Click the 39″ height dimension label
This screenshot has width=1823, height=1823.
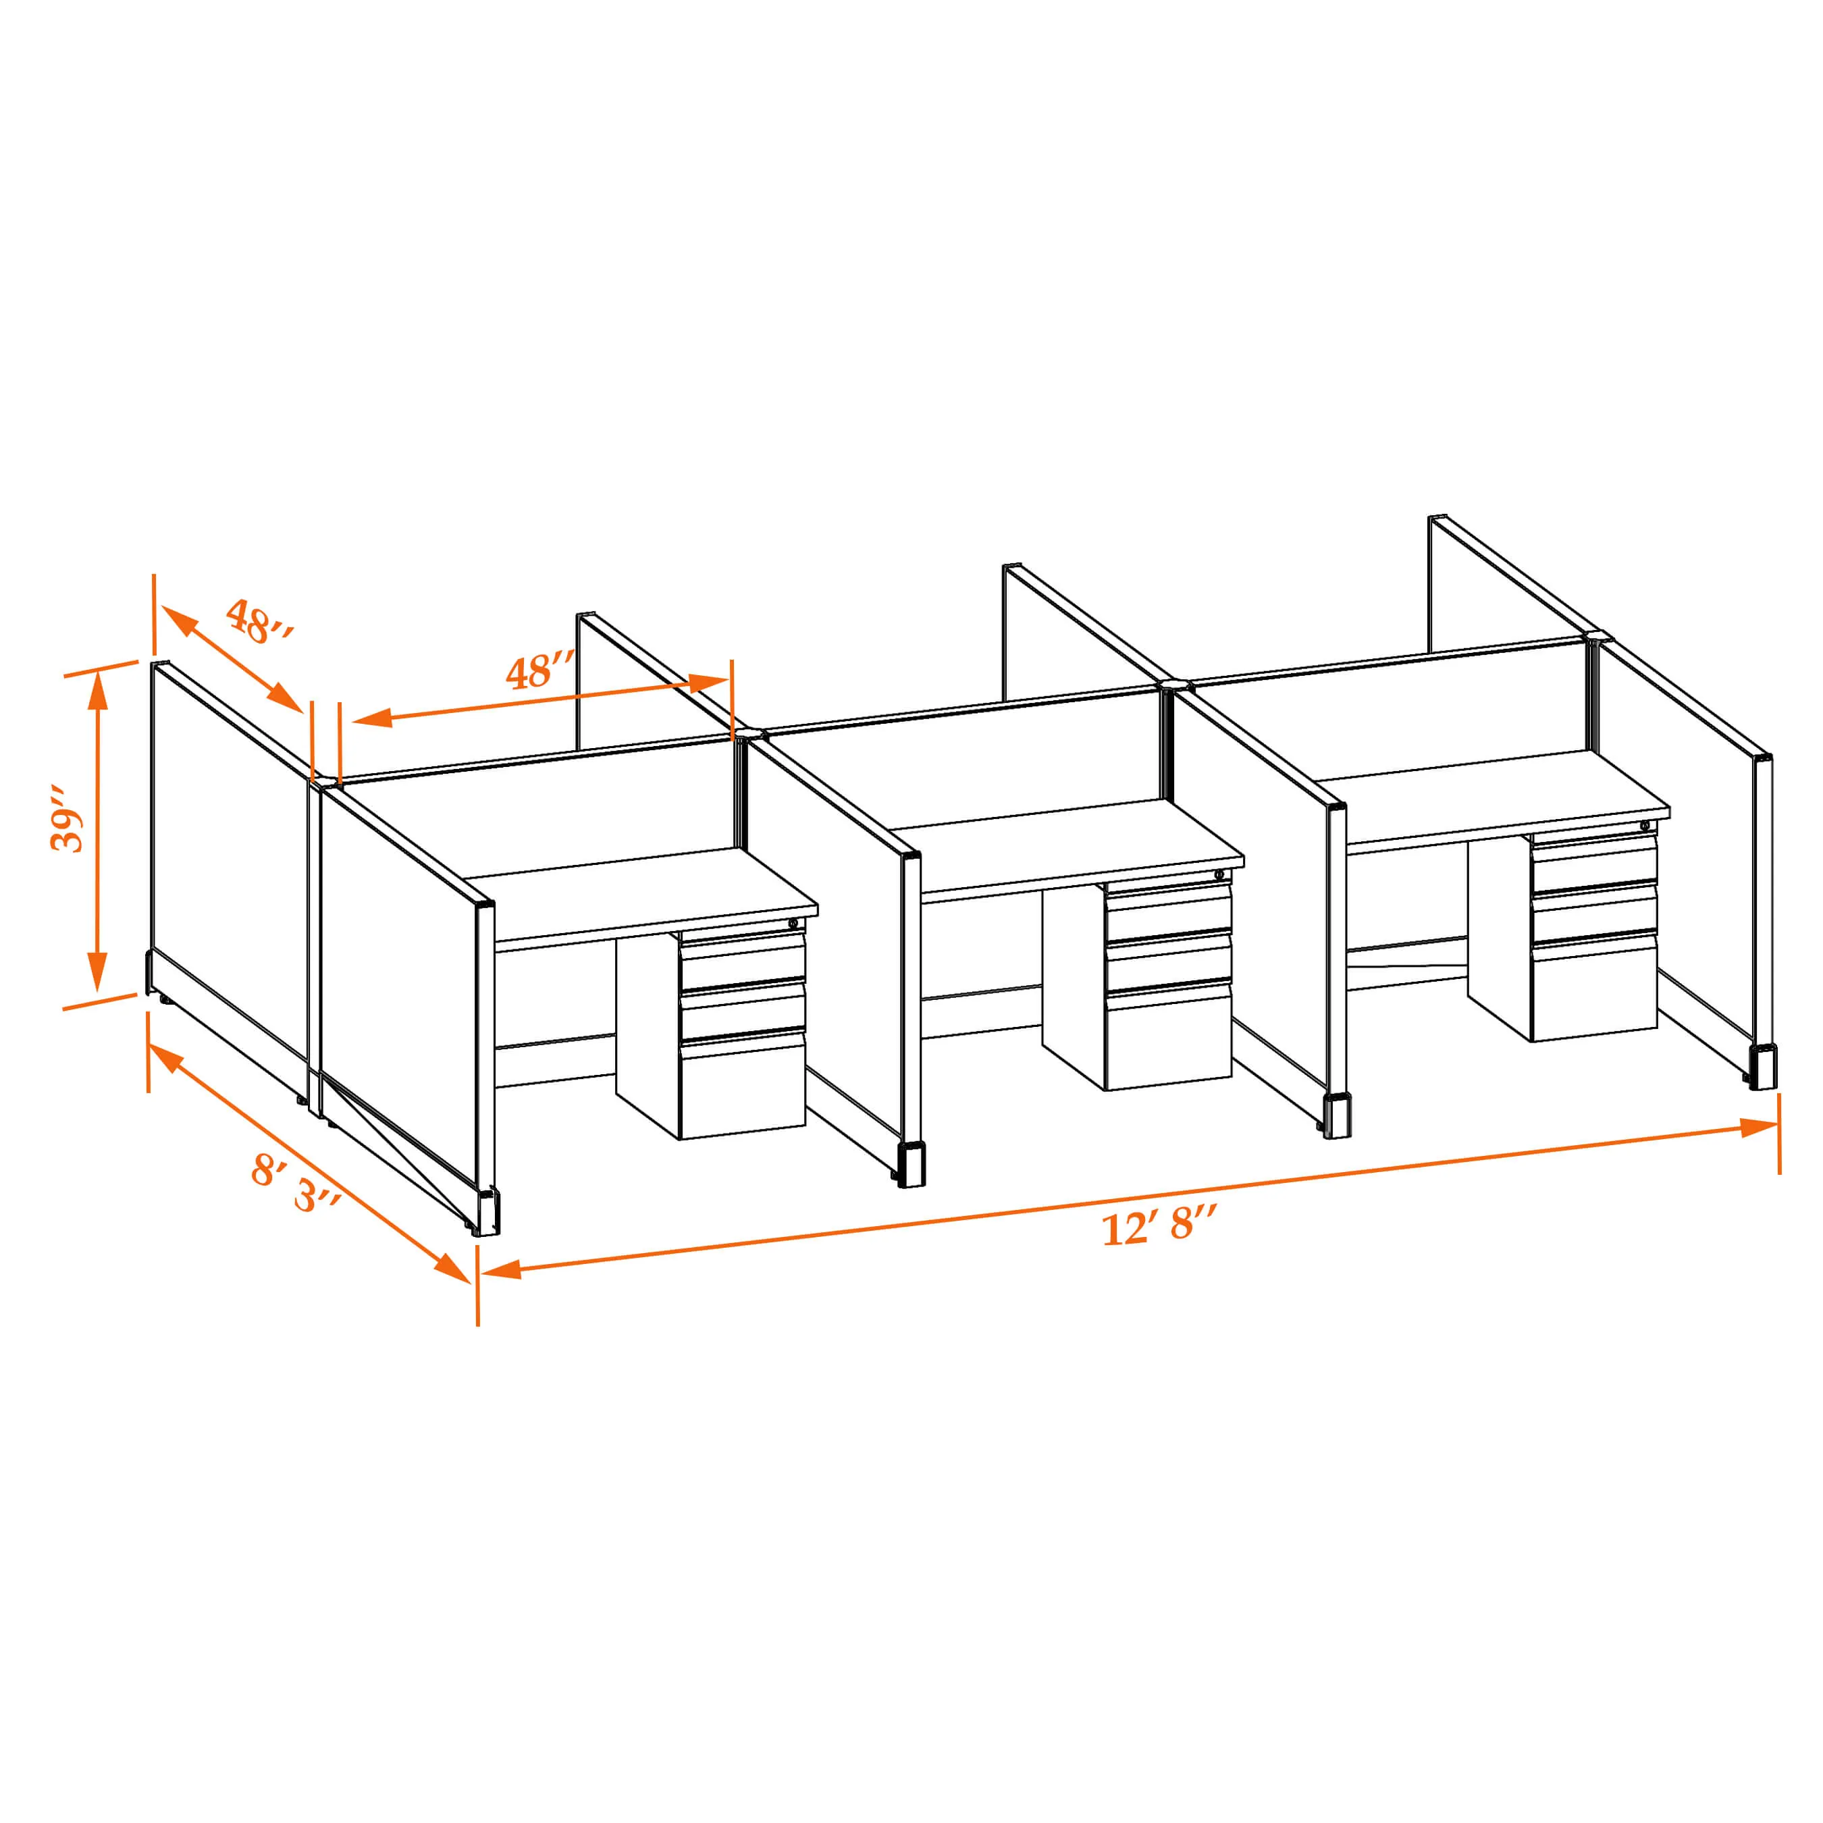(66, 816)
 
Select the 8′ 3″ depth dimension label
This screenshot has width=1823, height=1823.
(295, 1184)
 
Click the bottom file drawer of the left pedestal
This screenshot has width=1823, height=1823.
(743, 1085)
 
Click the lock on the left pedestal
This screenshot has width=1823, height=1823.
(793, 924)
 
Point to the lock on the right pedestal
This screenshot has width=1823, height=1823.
(1645, 826)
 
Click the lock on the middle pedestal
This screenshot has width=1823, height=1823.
(1219, 874)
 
